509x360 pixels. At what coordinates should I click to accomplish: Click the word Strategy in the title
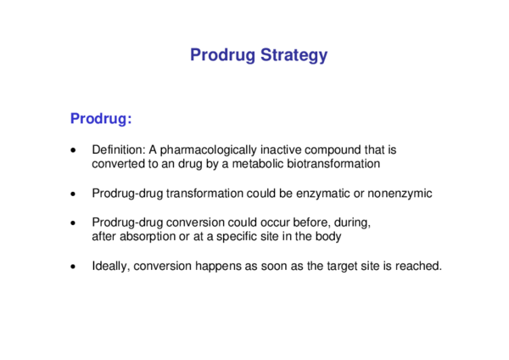coord(294,55)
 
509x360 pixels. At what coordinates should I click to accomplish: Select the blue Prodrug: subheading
coord(101,118)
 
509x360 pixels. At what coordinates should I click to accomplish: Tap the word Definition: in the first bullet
coord(119,149)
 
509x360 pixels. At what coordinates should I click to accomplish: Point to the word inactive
coord(281,149)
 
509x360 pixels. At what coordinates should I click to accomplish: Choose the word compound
coord(333,150)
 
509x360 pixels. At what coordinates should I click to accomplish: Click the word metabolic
coord(258,163)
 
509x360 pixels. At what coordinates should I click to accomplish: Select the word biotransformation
coord(333,163)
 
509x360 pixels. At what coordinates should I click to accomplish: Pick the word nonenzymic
coord(400,194)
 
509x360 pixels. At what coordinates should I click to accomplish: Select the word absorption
coord(148,237)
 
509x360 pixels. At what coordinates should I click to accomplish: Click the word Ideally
coord(111,267)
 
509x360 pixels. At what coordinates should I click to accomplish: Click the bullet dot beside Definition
coord(73,150)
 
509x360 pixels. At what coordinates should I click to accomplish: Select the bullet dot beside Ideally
coord(73,267)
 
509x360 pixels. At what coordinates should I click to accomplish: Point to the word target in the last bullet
coord(342,267)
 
